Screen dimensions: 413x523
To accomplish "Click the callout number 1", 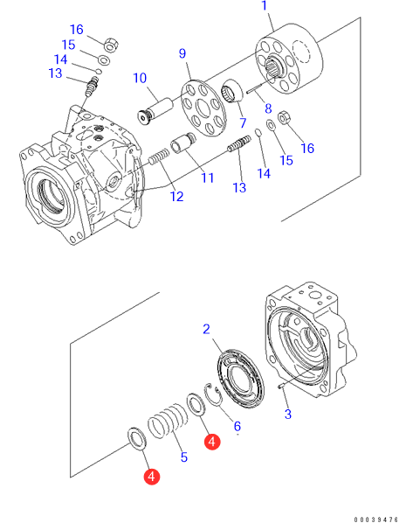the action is (x=265, y=5).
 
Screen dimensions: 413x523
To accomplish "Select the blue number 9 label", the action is (x=182, y=53).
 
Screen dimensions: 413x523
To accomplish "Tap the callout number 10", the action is (x=140, y=78).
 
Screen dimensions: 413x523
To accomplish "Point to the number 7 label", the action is (x=243, y=122).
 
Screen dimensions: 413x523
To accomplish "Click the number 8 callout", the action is (x=268, y=108).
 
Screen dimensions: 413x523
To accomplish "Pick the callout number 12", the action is (x=176, y=197).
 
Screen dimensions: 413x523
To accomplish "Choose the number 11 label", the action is (x=208, y=178).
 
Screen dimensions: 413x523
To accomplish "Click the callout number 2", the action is (x=206, y=329).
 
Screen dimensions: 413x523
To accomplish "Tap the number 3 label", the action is (x=288, y=415).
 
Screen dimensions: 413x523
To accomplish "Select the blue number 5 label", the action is (x=184, y=457).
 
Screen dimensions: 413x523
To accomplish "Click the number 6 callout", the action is (x=237, y=426).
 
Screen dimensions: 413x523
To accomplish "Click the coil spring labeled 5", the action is (x=166, y=421).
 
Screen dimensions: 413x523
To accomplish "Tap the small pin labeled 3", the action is (x=280, y=387).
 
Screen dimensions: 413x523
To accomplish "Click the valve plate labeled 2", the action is (x=240, y=378).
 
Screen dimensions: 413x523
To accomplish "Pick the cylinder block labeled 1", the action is (x=289, y=59).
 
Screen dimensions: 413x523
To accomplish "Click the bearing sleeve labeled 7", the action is (x=232, y=90).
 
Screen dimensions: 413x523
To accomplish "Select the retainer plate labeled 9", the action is (x=203, y=108).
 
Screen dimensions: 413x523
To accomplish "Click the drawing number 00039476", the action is (x=376, y=520).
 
